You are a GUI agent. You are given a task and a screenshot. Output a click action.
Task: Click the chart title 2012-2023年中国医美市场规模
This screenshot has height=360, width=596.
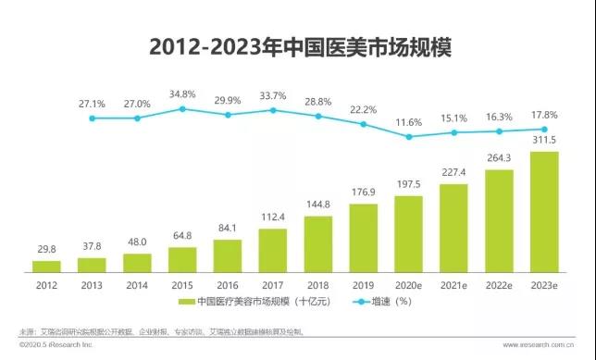click(x=298, y=47)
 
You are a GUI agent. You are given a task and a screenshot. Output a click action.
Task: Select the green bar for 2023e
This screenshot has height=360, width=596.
click(x=543, y=213)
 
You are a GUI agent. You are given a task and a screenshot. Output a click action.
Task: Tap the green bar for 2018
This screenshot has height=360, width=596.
click(x=317, y=244)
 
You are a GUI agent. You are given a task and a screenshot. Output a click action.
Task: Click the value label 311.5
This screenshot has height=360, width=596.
click(x=543, y=141)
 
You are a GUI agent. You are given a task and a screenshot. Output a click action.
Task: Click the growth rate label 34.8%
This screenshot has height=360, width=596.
click(x=182, y=94)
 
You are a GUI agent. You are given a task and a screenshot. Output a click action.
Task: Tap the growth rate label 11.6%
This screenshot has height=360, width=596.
click(x=408, y=121)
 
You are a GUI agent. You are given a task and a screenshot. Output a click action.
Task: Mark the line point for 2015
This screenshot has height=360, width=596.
click(x=182, y=108)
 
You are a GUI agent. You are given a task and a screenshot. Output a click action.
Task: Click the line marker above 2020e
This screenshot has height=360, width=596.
click(x=408, y=136)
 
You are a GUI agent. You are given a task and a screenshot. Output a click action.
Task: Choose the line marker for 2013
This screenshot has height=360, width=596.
click(x=92, y=118)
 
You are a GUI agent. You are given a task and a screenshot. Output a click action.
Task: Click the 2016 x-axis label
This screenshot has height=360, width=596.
click(x=228, y=286)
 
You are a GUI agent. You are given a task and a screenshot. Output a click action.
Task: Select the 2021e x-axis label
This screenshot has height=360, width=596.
click(x=453, y=286)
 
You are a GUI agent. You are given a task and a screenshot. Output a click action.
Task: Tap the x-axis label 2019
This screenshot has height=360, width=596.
click(x=363, y=286)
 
